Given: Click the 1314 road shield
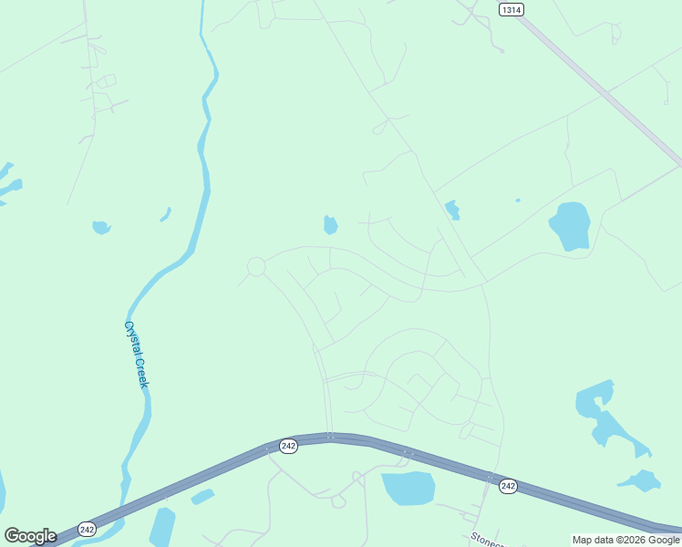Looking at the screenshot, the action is point(511,9).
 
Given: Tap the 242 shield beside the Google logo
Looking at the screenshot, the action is point(87,529).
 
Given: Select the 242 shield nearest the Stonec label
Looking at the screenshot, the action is point(508,487).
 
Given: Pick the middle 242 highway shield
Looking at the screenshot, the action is point(288,446).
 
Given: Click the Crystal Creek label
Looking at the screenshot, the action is point(136,354).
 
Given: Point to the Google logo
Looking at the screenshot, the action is point(30,535).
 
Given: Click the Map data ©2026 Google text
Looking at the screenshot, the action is point(625,540).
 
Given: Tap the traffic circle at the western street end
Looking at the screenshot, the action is point(256,266).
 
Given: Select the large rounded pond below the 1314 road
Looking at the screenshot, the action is point(571,225).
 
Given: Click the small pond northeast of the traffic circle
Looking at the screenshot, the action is point(330,224).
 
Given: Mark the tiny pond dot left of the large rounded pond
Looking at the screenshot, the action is point(518,201).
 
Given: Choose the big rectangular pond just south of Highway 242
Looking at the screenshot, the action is point(408,489).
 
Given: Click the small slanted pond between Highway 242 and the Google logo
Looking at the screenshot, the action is point(202,497).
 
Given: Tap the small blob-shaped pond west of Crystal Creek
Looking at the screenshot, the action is point(101,227).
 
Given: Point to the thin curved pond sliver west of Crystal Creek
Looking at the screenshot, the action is point(166,214).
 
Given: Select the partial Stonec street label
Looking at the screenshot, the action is point(486,538).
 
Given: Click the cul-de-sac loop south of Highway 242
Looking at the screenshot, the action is point(338,501).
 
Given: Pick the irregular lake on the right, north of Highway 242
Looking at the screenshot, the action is point(606,415).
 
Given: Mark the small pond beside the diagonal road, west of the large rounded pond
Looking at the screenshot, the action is point(452,210).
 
